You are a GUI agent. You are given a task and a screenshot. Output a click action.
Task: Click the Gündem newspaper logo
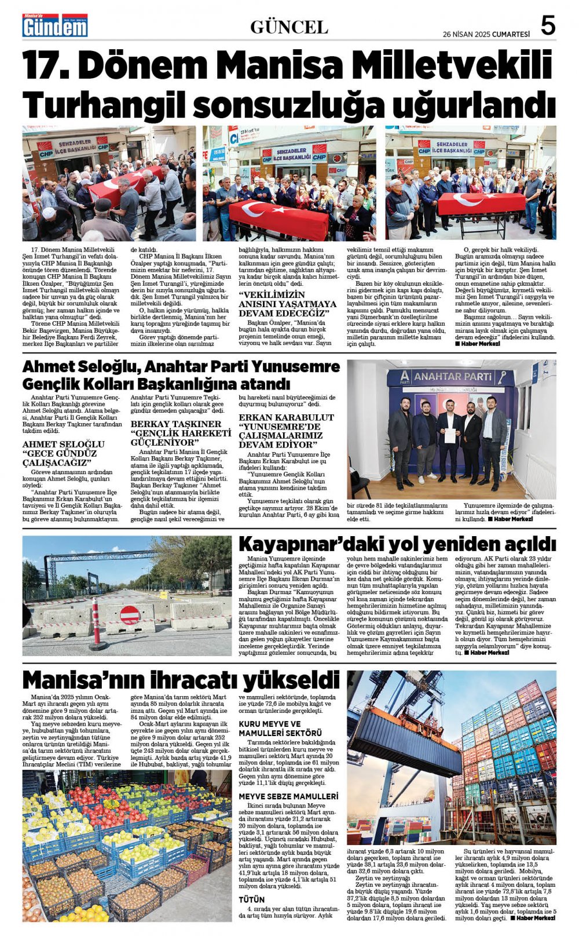[54, 26]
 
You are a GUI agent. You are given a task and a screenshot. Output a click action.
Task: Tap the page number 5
[548, 26]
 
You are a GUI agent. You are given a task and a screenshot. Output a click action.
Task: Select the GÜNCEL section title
[289, 27]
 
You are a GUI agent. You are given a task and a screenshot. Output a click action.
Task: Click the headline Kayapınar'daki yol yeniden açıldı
[397, 544]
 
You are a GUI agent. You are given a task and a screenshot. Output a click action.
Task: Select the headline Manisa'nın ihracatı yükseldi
[181, 679]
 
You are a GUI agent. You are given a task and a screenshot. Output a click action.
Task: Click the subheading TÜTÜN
[252, 899]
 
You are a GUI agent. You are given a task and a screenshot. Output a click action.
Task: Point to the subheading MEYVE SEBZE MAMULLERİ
[288, 796]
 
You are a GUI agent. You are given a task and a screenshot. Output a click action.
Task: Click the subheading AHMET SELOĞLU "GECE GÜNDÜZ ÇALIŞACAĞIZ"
[59, 453]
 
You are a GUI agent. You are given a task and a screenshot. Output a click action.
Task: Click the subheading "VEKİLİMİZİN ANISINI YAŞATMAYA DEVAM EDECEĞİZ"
[287, 304]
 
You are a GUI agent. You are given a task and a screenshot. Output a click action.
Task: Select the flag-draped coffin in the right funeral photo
[482, 204]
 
